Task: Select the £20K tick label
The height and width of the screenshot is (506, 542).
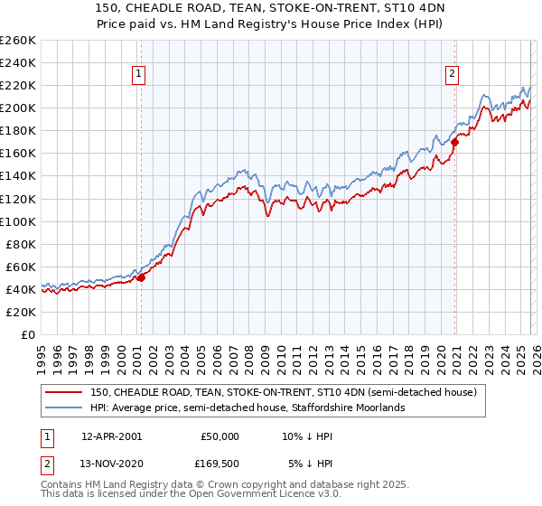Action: [21, 312]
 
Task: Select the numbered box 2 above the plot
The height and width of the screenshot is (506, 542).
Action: [452, 75]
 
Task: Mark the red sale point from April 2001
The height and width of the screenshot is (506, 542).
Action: [141, 278]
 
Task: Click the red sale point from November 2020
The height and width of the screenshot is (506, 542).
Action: [455, 142]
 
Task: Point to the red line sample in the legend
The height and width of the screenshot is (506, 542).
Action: [64, 392]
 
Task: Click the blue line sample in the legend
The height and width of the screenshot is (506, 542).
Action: [64, 408]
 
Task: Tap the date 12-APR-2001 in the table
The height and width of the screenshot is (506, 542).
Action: [111, 436]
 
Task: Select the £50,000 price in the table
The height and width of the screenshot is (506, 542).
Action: [220, 436]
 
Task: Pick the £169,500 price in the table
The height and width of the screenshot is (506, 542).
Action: [218, 464]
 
